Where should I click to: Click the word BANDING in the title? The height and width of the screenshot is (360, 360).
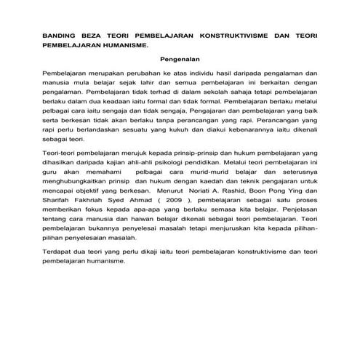tap(60, 34)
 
